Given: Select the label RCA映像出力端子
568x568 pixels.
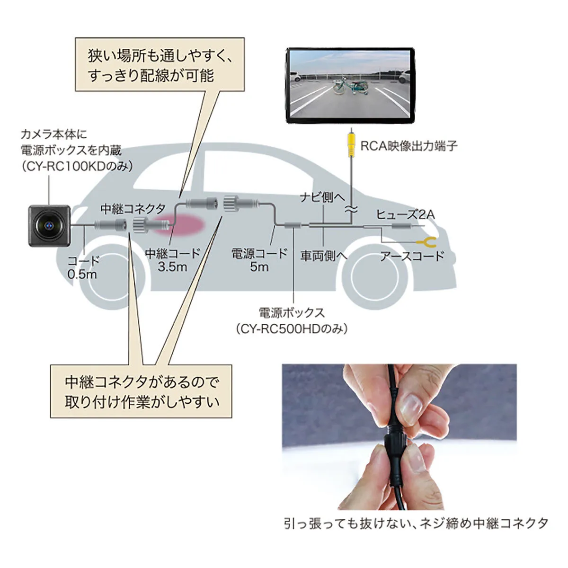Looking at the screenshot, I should (409, 146).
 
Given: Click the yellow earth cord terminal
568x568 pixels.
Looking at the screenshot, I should (427, 242).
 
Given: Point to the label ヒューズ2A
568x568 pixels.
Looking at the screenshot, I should (405, 214).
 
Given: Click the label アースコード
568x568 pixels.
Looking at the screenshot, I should (412, 256).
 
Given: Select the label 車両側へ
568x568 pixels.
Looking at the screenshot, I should (324, 256).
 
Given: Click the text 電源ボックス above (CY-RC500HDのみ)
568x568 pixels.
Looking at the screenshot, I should (292, 313).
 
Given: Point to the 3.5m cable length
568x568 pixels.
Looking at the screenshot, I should (172, 266).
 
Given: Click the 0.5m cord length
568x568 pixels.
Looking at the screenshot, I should (82, 274).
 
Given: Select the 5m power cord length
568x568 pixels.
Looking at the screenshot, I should (259, 266).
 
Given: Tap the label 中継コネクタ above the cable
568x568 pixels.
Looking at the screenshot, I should (133, 209).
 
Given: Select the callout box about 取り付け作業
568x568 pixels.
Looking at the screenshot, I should (141, 391).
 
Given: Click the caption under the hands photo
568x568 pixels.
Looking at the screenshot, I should (416, 524).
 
